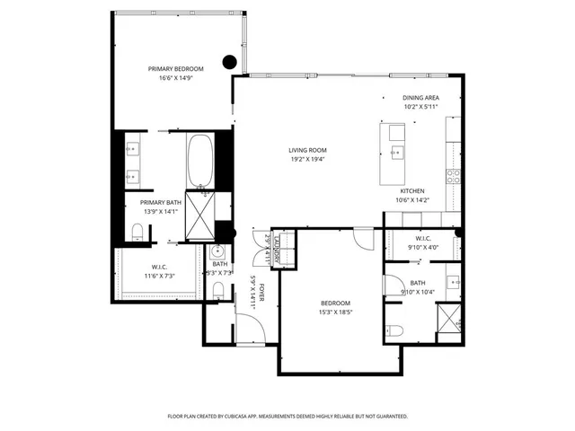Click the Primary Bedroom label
pos(176,69)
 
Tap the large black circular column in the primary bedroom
pos(229,62)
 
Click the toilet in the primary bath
pos(137,233)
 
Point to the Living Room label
pos(307,150)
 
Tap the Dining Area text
pos(420,97)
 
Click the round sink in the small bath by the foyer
pos(215,253)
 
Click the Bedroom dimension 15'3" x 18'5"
pos(335,312)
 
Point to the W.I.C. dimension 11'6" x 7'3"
pos(160,276)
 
